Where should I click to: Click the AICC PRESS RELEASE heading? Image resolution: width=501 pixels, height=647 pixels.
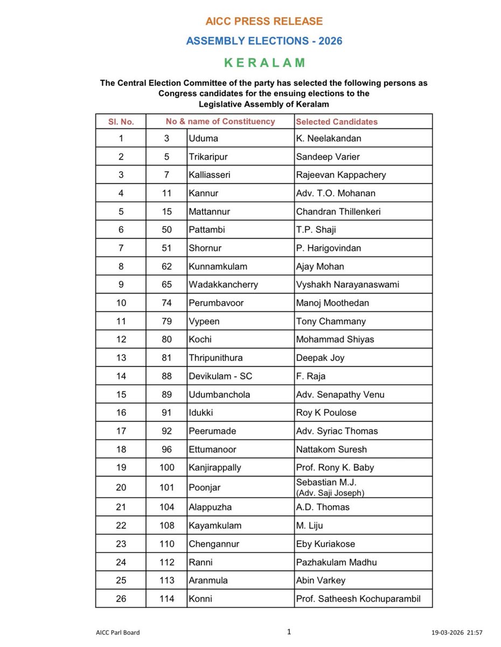click(264, 22)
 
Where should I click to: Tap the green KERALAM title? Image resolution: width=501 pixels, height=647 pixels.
click(264, 63)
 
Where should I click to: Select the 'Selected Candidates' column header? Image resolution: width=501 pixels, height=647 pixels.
click(337, 122)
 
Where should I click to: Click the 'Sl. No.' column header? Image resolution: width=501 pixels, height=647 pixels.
click(121, 122)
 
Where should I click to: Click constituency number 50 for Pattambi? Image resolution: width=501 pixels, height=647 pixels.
click(167, 230)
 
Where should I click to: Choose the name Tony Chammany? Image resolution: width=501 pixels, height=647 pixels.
click(331, 321)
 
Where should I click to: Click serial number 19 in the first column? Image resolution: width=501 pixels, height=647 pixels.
click(121, 467)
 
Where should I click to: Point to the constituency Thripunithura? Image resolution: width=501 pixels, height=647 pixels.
click(215, 358)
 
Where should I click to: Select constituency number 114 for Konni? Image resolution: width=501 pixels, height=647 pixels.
click(167, 598)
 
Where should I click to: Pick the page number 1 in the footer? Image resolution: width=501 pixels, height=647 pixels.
click(289, 631)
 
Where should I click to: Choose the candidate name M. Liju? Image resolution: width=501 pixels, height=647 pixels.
click(310, 526)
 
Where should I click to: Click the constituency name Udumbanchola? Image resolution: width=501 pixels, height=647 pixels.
click(219, 394)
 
